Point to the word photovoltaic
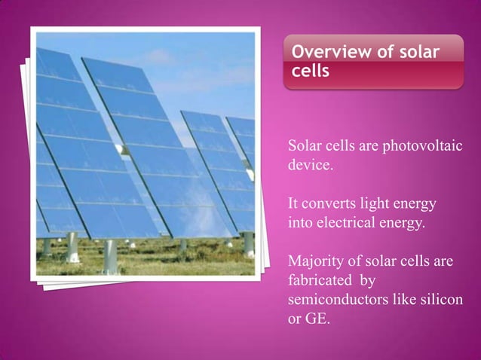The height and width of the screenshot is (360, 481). tap(428, 145)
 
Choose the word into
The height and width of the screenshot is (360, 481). tap(301, 223)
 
